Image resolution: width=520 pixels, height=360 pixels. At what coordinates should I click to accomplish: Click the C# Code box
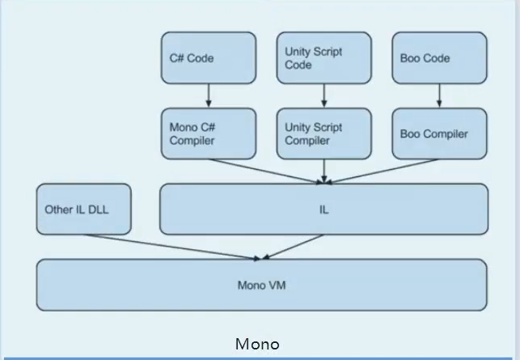tap(208, 57)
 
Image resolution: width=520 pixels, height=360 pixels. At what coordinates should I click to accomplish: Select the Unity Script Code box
tap(323, 57)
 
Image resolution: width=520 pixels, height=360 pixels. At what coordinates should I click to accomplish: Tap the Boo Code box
tap(439, 57)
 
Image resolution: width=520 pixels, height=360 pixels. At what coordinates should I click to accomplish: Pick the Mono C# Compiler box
tap(208, 133)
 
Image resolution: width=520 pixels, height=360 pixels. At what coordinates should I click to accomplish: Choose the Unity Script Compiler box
tap(323, 133)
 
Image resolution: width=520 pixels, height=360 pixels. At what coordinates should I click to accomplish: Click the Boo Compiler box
tap(439, 133)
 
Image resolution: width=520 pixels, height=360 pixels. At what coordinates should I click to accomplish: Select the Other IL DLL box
tap(83, 210)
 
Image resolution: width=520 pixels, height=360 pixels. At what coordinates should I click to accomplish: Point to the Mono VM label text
tap(261, 286)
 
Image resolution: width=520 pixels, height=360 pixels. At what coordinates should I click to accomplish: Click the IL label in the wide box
tap(323, 210)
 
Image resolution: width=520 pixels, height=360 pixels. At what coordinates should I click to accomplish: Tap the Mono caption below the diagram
tap(257, 345)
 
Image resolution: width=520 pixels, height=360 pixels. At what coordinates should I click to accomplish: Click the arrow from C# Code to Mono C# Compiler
tap(209, 95)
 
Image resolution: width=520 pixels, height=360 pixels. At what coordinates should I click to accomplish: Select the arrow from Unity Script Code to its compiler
tap(324, 95)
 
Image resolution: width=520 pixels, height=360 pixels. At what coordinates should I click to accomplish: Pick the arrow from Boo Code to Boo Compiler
tap(440, 95)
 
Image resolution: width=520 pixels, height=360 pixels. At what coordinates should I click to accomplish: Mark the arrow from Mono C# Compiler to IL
tap(263, 170)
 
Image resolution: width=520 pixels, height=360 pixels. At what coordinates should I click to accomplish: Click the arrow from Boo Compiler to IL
tap(384, 170)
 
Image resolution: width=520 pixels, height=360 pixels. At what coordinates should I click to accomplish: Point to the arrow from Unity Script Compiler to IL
tap(324, 171)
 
